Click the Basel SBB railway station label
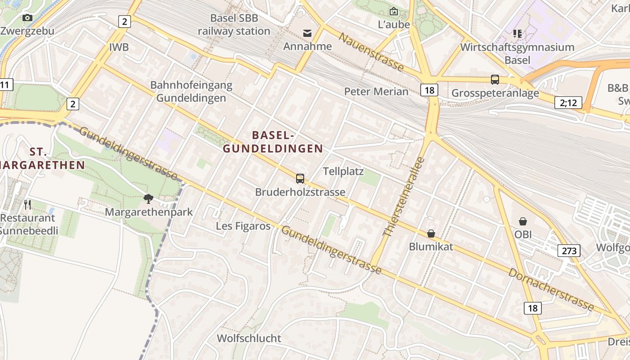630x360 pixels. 234,25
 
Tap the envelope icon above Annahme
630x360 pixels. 307,33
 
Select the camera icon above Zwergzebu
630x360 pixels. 27,18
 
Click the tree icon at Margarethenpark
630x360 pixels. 148,198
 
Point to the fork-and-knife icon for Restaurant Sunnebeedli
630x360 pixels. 28,205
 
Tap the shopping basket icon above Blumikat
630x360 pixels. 431,233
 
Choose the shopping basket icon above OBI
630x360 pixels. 523,221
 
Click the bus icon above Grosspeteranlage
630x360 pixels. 495,80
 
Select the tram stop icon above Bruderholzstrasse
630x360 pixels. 300,179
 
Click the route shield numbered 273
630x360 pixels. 569,251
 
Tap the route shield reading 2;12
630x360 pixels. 568,103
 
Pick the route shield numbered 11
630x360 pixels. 5,85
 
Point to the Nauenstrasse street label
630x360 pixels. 371,52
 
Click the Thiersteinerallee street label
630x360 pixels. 404,197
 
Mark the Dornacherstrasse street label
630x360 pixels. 551,289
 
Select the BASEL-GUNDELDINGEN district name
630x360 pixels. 274,142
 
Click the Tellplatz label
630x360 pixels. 343,171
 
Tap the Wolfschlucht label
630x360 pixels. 249,338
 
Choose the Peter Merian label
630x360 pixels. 376,92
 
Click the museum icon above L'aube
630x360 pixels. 394,11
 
